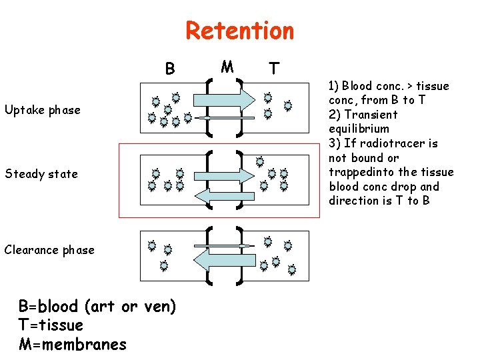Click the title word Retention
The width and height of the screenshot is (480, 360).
(239, 31)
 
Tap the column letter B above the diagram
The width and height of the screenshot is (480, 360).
(170, 69)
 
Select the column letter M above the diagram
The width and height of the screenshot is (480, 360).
(227, 67)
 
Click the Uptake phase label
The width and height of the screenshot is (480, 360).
(42, 110)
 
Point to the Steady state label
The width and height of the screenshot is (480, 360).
(41, 174)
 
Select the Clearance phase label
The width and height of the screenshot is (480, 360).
(49, 250)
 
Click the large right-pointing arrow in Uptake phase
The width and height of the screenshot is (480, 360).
(226, 99)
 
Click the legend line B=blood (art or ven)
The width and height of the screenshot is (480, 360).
(97, 307)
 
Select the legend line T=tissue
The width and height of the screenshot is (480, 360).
(51, 325)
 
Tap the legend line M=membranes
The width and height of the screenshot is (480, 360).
(72, 344)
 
